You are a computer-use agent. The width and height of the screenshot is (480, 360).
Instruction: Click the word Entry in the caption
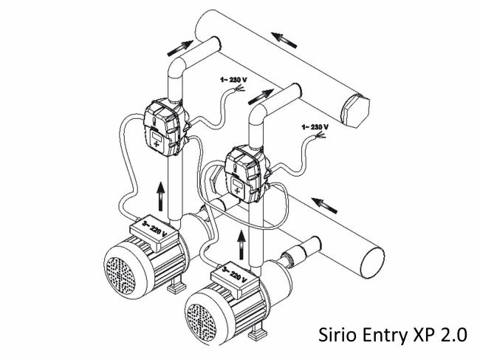381,334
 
